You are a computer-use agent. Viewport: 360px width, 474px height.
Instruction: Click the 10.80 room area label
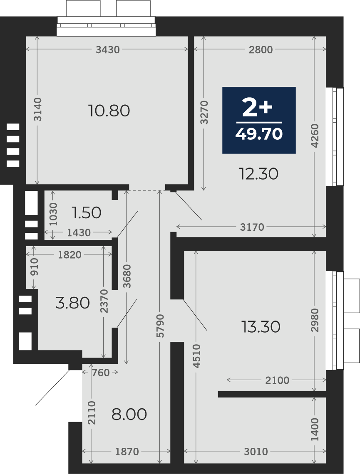click(109, 111)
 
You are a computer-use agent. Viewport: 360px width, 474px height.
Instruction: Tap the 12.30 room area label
click(258, 174)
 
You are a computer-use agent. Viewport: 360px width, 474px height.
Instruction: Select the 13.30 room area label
click(261, 327)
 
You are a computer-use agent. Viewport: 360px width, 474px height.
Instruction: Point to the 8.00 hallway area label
click(129, 414)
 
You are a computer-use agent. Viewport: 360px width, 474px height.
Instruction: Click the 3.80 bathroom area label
click(72, 303)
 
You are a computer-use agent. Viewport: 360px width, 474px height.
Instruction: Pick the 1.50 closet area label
click(87, 212)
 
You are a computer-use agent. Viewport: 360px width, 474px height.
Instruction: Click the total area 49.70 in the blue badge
click(259, 133)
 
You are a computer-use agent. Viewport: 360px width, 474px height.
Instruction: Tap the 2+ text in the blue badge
click(258, 108)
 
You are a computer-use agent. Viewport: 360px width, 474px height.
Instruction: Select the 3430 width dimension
click(108, 49)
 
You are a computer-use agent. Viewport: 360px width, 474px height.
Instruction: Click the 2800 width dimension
click(261, 49)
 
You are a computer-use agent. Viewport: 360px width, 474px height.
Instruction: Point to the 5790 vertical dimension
click(160, 326)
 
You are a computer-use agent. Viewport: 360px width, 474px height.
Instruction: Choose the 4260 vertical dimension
click(315, 136)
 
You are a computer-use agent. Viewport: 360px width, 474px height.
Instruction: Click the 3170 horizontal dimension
click(252, 227)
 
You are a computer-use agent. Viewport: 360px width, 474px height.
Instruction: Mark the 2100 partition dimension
click(277, 380)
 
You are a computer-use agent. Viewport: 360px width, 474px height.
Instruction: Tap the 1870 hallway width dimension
click(127, 452)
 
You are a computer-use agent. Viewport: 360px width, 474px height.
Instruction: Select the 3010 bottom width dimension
click(256, 452)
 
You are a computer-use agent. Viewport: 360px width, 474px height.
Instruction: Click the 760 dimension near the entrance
click(100, 373)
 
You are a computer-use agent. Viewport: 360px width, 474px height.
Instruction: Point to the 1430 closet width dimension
click(79, 232)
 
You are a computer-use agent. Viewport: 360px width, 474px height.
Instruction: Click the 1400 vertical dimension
click(315, 430)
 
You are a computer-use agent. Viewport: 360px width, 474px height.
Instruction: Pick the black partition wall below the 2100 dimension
click(272, 394)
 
